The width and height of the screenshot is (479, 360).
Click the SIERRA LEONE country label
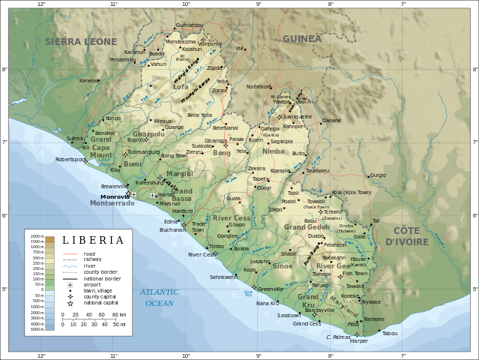point(81,41)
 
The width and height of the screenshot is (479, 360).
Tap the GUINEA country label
point(302,38)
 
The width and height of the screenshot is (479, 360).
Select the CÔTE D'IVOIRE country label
point(407,235)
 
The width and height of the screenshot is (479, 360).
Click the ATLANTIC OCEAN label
point(159,298)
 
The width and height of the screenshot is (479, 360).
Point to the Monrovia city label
point(115,196)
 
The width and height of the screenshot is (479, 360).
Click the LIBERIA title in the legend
point(93,240)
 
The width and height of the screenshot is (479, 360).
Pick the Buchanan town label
point(172,229)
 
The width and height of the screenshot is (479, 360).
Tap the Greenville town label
point(270,289)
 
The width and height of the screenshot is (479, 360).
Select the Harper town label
point(359,340)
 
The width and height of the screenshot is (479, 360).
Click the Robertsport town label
point(71,159)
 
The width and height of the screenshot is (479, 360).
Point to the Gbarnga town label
point(215,140)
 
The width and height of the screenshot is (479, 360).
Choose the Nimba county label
point(274,151)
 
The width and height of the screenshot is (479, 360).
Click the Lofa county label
point(181,87)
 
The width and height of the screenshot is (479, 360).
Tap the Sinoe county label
point(283,265)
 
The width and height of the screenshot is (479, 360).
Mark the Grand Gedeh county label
point(307,226)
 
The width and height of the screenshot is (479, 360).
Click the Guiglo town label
point(378,175)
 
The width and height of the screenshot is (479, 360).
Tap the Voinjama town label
point(210,43)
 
